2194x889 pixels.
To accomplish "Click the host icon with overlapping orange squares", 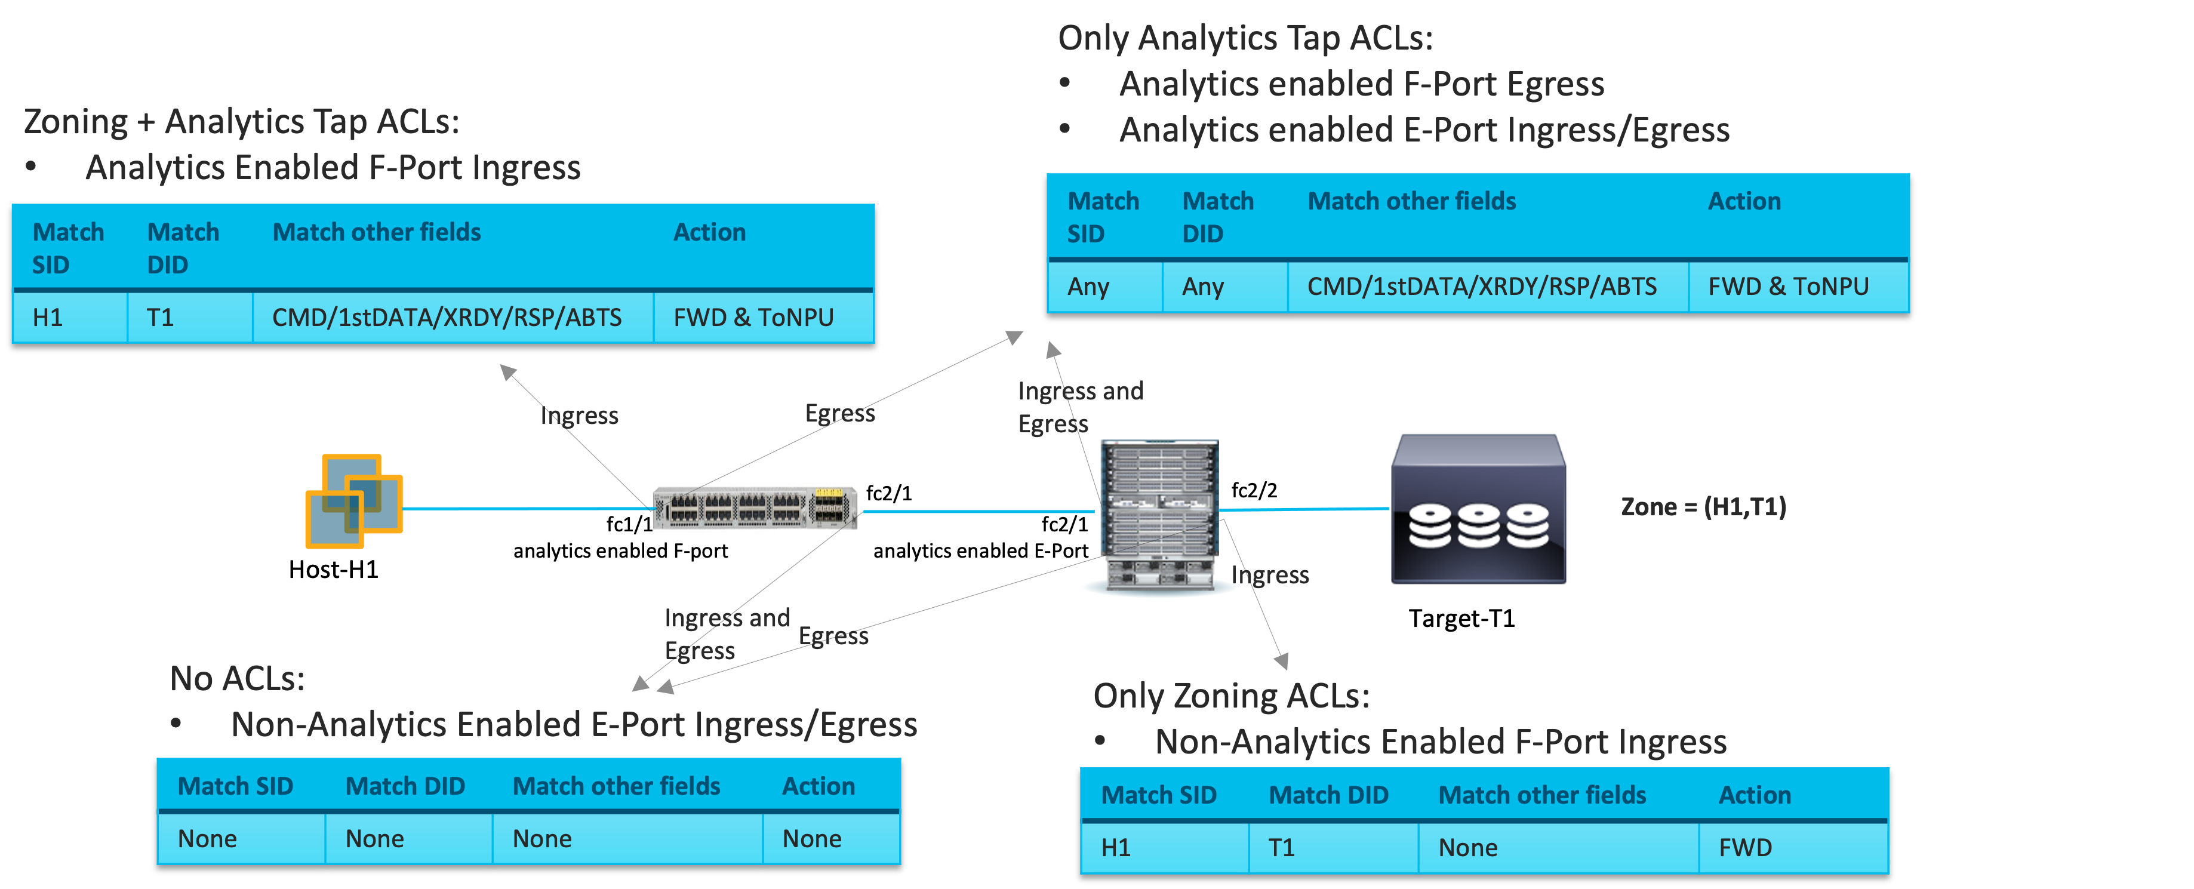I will tap(353, 502).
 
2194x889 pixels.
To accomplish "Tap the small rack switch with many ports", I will tap(754, 508).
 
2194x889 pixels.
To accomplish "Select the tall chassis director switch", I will tap(1159, 515).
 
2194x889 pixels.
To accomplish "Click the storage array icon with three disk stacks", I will tap(1479, 510).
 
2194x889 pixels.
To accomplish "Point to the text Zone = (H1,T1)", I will tap(1703, 507).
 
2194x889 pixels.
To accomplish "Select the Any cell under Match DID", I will tap(1202, 287).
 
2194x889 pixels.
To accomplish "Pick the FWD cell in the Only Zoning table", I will tap(1745, 848).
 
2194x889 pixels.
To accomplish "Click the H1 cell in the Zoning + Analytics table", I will tap(48, 318).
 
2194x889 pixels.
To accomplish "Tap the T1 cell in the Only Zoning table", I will tap(1281, 848).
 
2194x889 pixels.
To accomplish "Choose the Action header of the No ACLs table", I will tap(818, 786).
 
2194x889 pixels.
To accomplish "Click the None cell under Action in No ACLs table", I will tap(812, 839).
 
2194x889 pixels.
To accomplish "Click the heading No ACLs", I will tap(237, 679).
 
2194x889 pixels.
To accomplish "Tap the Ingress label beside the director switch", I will tap(1270, 576).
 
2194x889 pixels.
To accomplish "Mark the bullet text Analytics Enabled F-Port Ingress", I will tap(332, 168).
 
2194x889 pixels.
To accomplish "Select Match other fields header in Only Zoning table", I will tap(1541, 795).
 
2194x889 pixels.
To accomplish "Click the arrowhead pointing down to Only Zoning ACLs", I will tap(1282, 661).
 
